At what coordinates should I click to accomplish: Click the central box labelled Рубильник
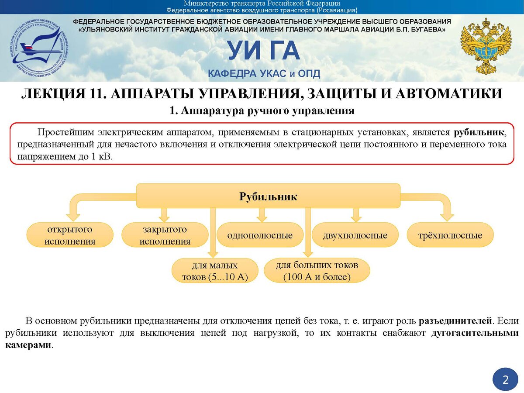point(268,196)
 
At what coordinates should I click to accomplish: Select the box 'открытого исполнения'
point(70,235)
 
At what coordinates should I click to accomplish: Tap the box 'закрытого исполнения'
point(165,235)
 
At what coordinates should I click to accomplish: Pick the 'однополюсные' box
point(260,235)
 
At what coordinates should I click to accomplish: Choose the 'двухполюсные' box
point(355,235)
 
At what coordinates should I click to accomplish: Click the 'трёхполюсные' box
point(450,235)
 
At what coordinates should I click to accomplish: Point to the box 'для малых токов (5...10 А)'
point(215,271)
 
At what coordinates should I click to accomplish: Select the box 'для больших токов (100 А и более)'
point(317,270)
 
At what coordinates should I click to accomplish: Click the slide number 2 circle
point(505,379)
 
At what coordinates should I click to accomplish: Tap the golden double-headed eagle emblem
point(486,46)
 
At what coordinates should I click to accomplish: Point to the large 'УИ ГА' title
point(264,52)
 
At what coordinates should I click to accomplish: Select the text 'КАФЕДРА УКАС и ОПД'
point(264,73)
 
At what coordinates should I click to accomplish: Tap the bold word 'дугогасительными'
point(475,333)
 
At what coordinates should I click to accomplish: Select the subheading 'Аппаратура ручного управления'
point(267,111)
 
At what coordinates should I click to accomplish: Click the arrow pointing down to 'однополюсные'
point(262,214)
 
